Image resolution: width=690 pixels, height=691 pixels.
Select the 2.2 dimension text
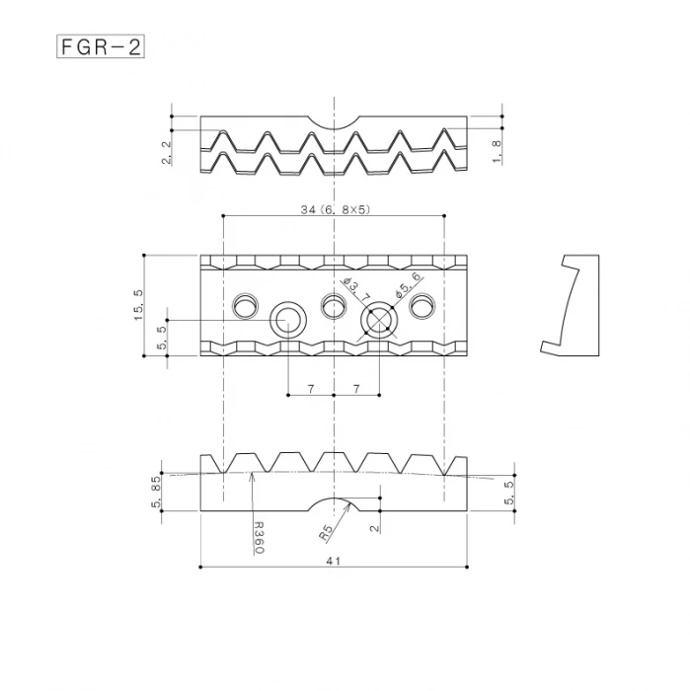point(167,150)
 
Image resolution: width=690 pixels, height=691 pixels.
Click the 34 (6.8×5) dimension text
point(334,209)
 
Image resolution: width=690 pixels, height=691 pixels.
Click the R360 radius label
point(258,537)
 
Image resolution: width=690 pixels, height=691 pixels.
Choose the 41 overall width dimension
point(334,560)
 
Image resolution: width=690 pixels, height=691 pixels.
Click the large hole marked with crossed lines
point(379,320)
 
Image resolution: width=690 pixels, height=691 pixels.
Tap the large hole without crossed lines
point(288,320)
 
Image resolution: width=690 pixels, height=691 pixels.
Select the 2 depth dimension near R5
point(373,527)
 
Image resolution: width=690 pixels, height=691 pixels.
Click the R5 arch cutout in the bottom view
point(334,504)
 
